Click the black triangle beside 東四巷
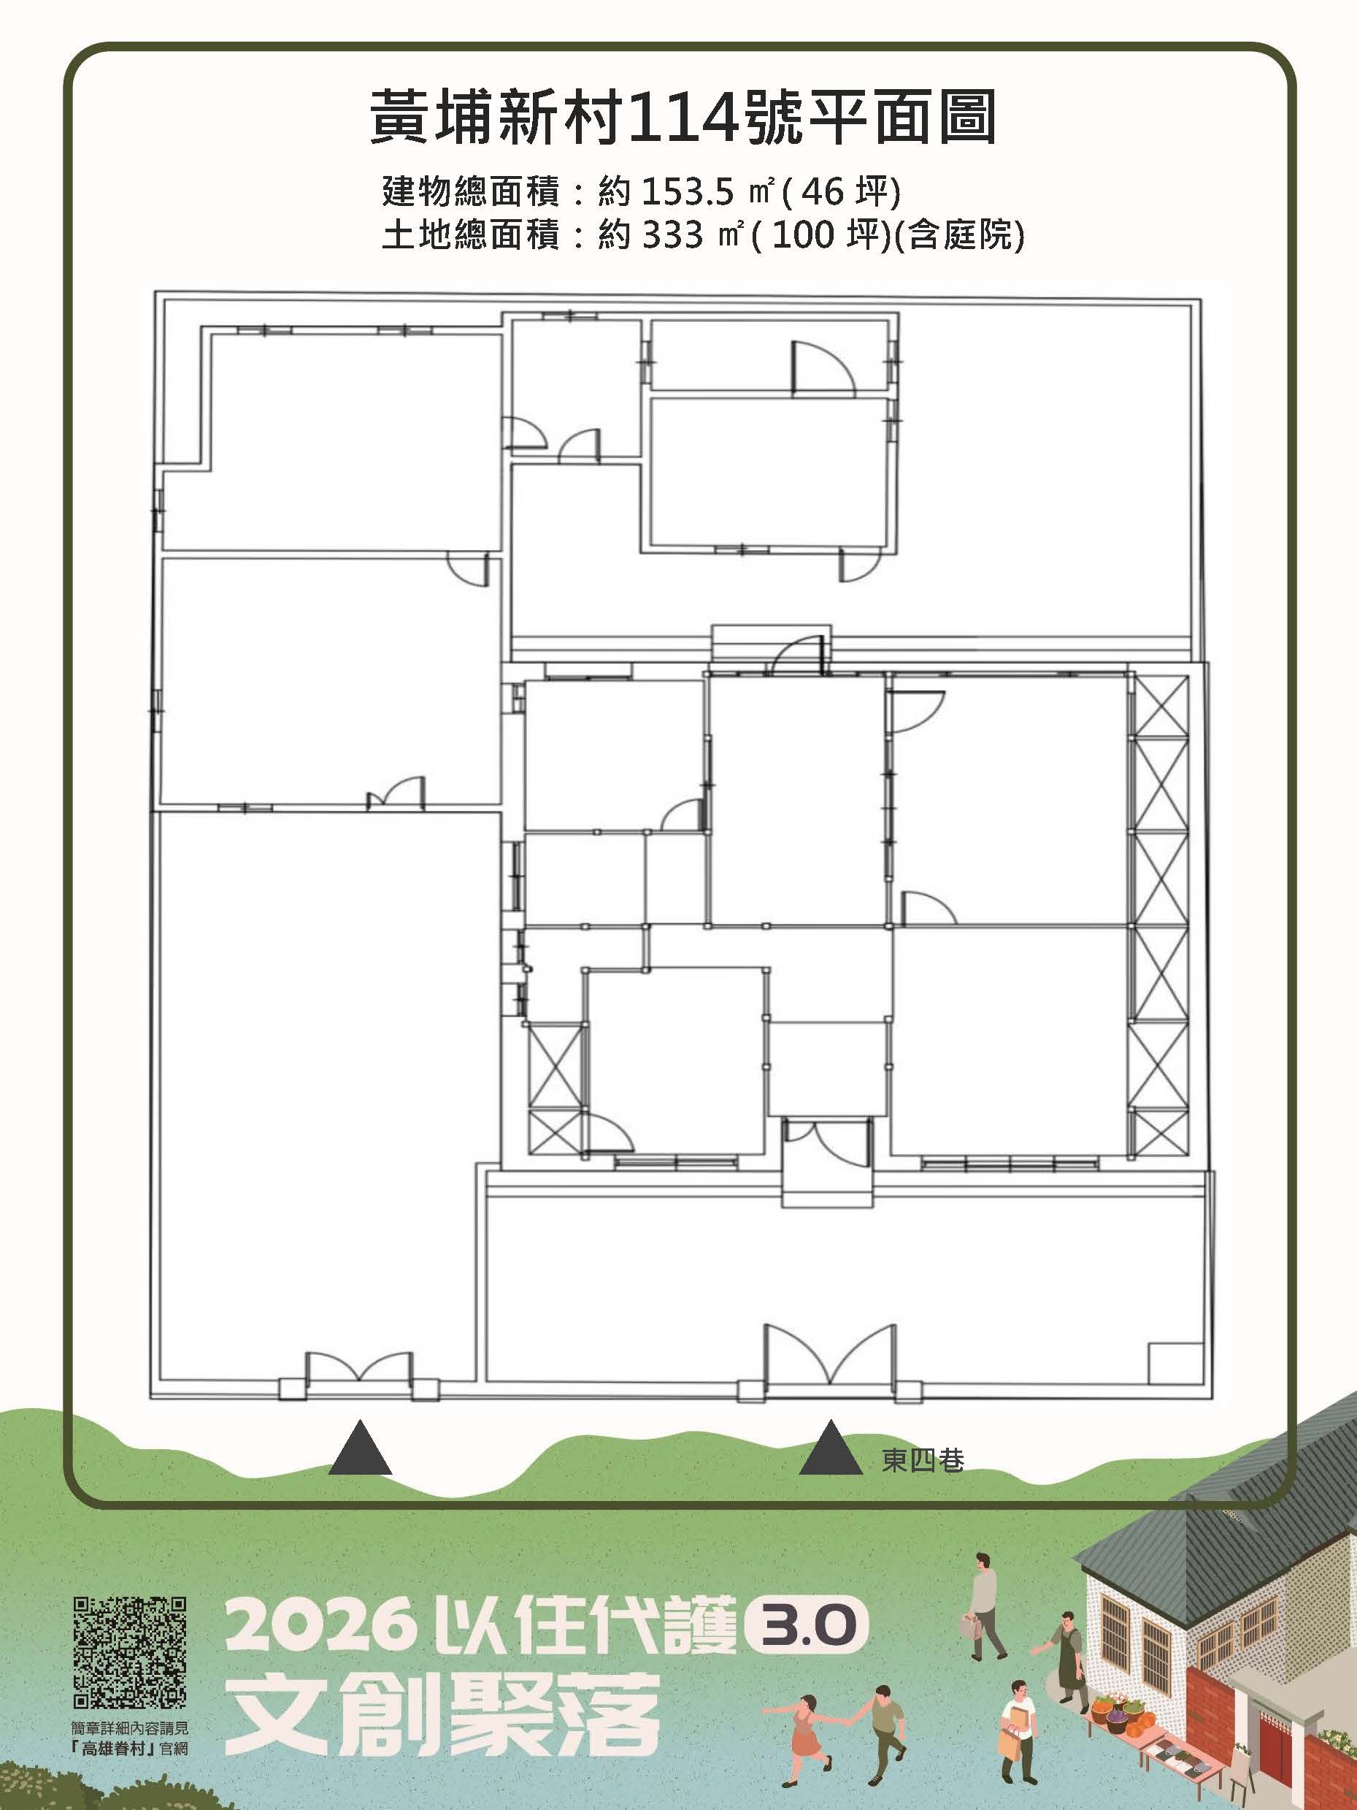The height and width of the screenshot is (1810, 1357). pos(830,1449)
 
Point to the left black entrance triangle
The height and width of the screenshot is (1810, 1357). pos(360,1449)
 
